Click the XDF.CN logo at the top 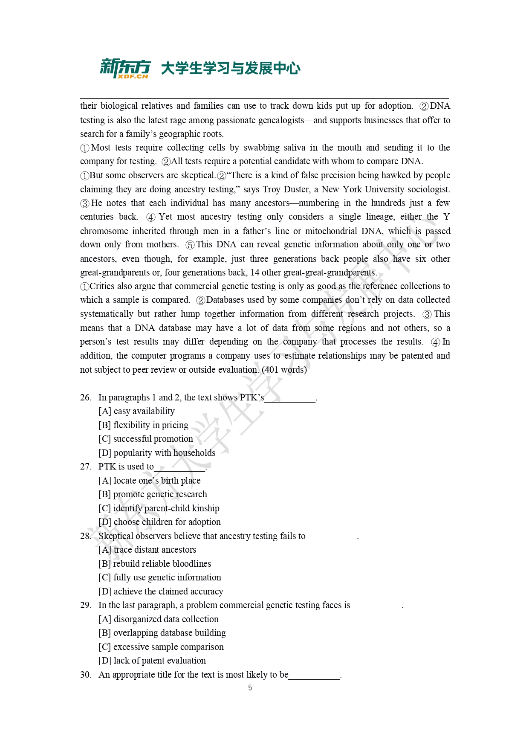(x=125, y=68)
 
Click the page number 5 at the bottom (x=250, y=688)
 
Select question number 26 (x=86, y=397)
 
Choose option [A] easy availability (x=136, y=411)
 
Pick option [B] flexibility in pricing (x=143, y=425)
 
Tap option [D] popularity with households (x=157, y=453)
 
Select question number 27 (x=86, y=467)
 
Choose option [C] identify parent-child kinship (x=159, y=508)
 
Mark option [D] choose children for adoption (x=159, y=522)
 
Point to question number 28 (x=86, y=536)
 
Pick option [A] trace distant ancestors (x=147, y=550)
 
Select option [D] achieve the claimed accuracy (x=161, y=591)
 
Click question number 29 (x=86, y=605)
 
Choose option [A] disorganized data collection (x=159, y=619)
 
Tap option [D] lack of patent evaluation (x=152, y=661)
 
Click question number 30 (x=86, y=675)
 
